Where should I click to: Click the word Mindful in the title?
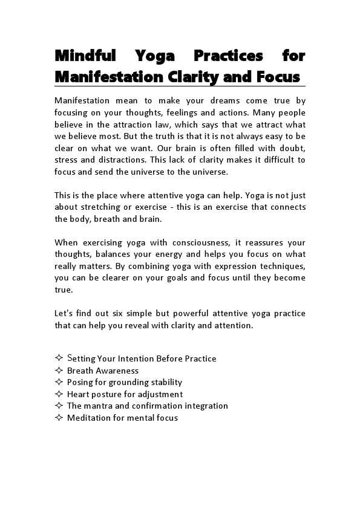85,56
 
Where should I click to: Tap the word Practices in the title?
228,56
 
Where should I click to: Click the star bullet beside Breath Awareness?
59,371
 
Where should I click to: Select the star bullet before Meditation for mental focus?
59,418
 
